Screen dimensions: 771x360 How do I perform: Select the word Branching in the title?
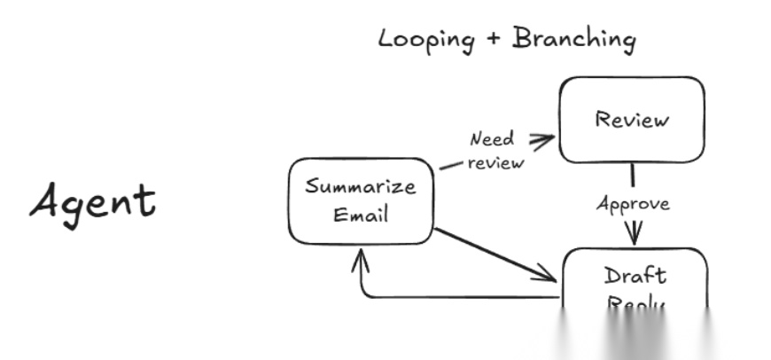574,40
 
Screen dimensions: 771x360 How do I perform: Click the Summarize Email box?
361,201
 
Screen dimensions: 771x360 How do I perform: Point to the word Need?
491,139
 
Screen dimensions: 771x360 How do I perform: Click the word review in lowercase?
495,162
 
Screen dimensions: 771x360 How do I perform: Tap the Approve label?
633,204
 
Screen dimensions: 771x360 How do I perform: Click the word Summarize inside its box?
361,187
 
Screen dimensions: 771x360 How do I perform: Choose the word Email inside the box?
361,215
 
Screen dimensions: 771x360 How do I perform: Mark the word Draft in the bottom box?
635,275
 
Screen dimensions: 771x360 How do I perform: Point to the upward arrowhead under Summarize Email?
361,258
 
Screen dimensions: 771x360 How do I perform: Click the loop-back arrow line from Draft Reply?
461,296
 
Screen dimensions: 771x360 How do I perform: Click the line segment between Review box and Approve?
632,176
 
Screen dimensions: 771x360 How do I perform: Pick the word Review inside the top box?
631,119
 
